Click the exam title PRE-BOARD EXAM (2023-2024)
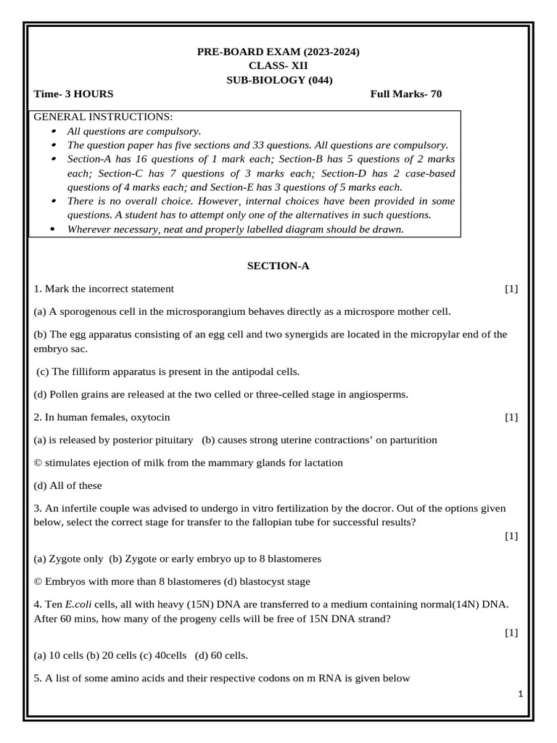pyautogui.click(x=278, y=52)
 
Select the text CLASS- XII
pyautogui.click(x=278, y=66)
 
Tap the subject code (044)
pyautogui.click(x=321, y=81)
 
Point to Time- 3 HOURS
pyautogui.click(x=73, y=94)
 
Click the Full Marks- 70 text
pyautogui.click(x=405, y=94)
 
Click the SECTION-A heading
pyautogui.click(x=278, y=266)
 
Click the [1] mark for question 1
pyautogui.click(x=511, y=289)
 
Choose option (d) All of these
pyautogui.click(x=68, y=485)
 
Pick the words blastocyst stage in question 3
pyautogui.click(x=278, y=581)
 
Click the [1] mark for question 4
pyautogui.click(x=511, y=633)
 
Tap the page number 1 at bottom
pyautogui.click(x=521, y=694)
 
